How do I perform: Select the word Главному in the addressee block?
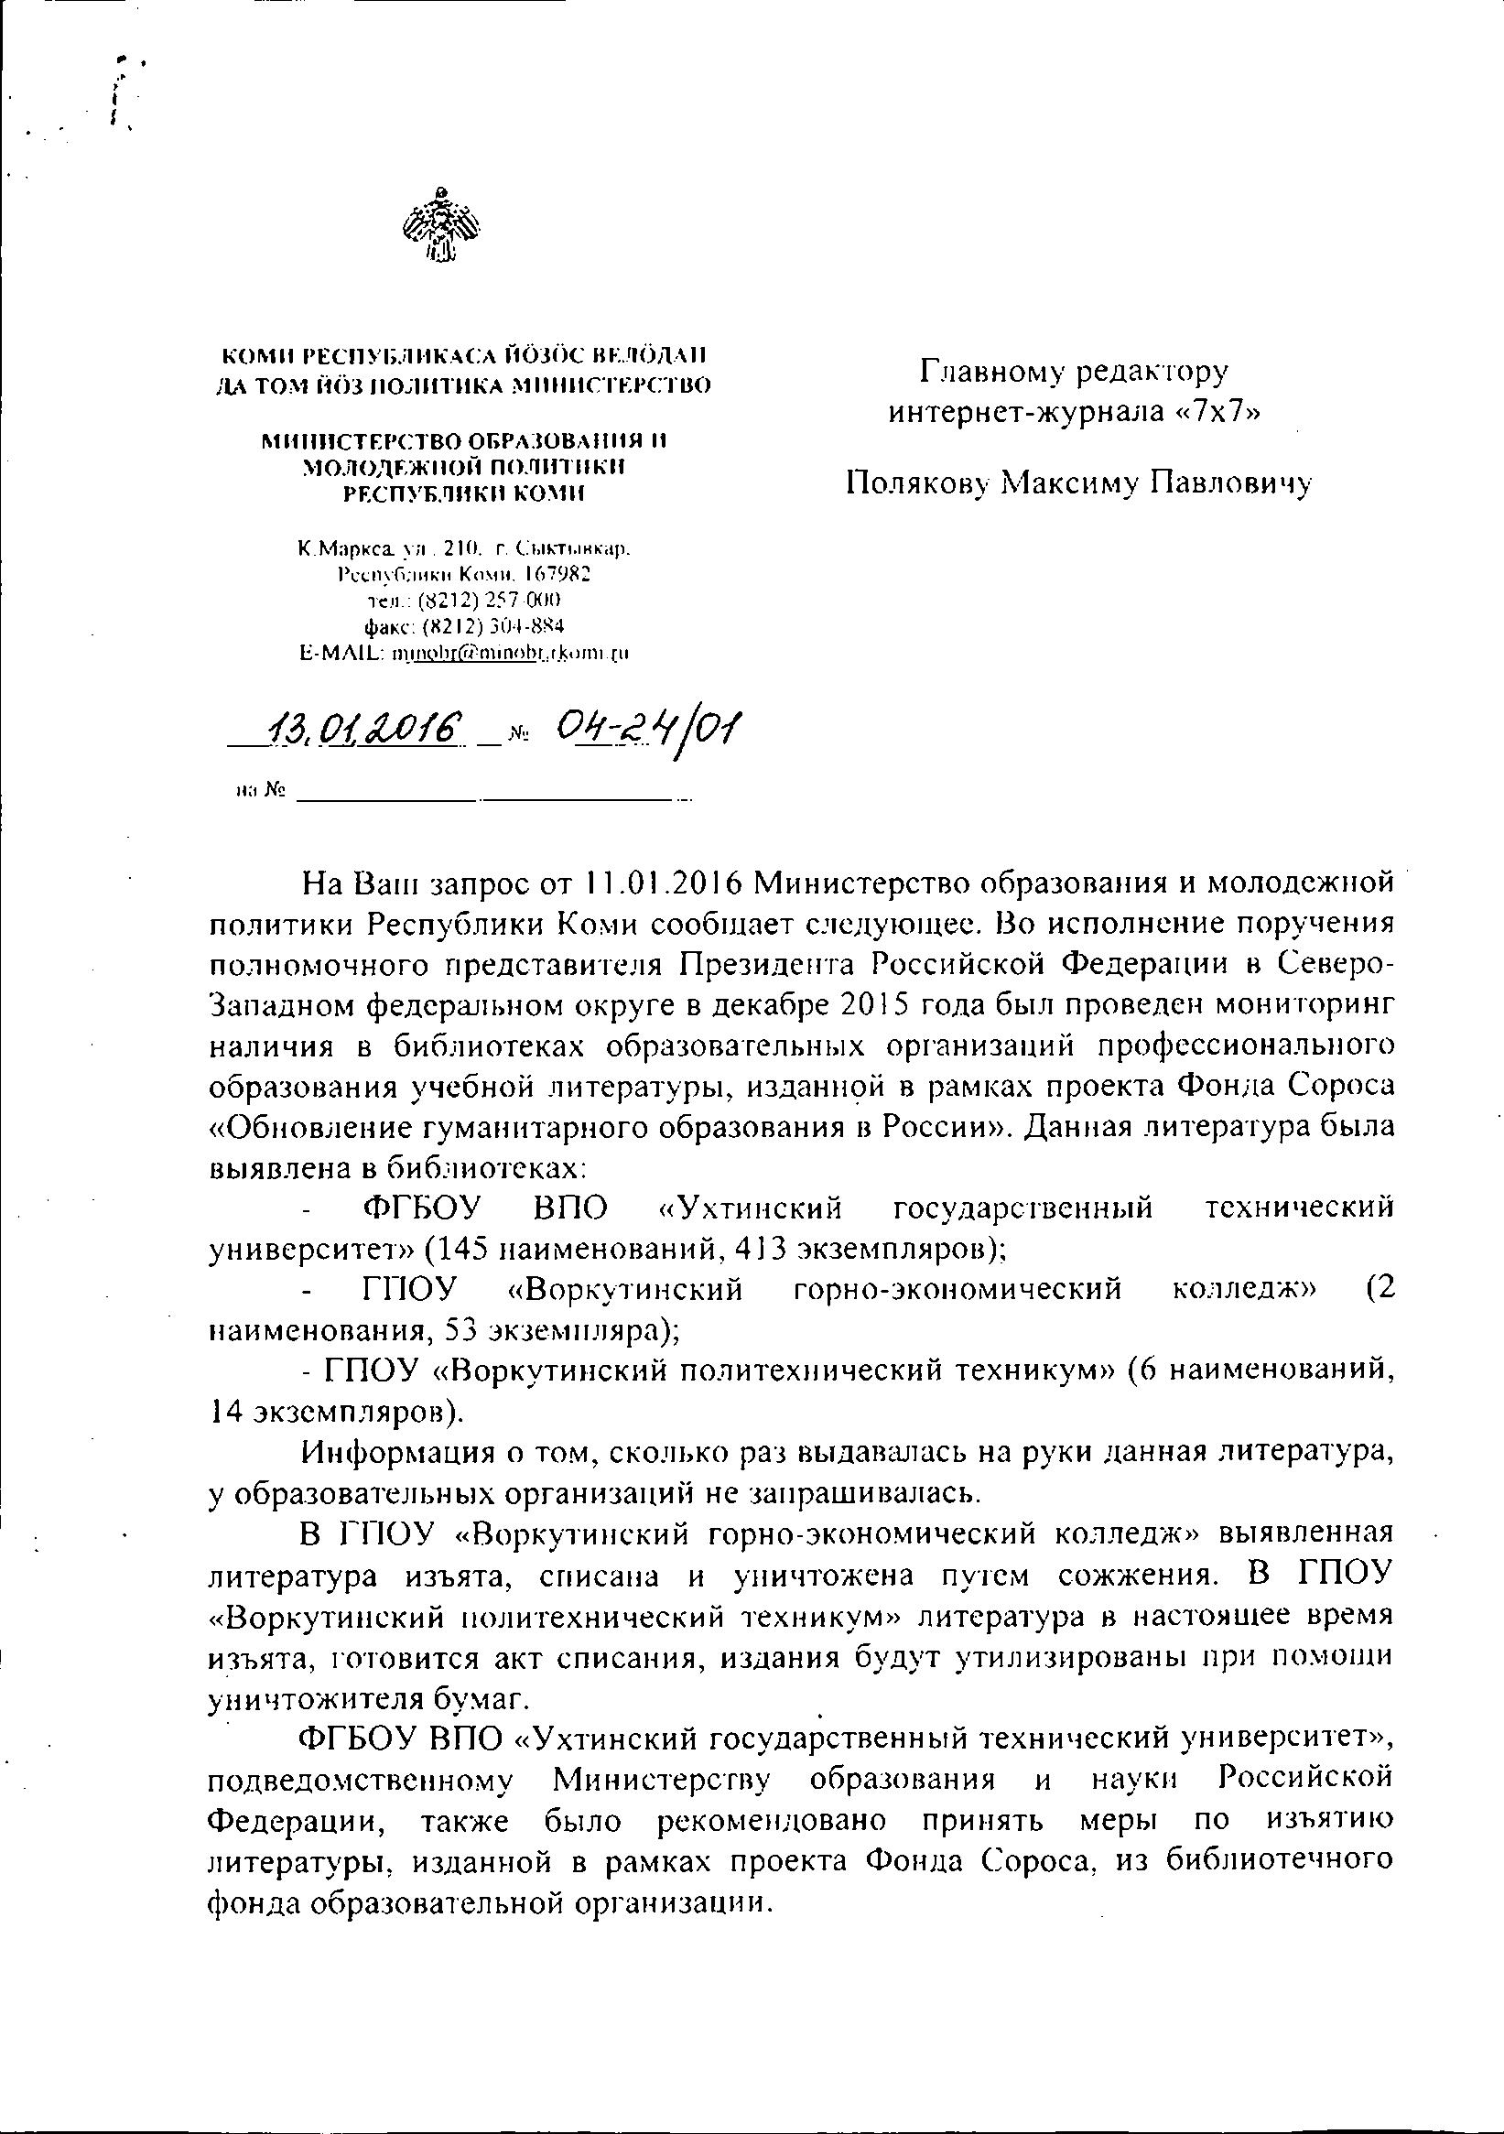[x=990, y=373]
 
